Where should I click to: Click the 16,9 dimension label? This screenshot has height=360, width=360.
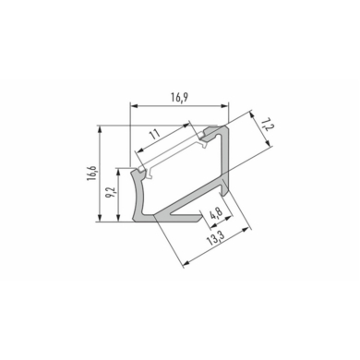coord(180,97)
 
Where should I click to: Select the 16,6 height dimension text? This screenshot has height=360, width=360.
coord(92,174)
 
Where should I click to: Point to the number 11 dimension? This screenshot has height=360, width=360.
coord(155,135)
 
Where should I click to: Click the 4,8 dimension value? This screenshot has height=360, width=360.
coord(216,212)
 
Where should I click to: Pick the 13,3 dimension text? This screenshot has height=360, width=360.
coord(216,237)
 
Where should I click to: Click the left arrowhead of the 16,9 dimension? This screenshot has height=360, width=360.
coord(134,106)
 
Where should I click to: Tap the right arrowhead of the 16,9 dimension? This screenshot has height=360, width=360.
coord(225,106)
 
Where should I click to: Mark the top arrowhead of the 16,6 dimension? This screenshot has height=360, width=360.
coord(100,129)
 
